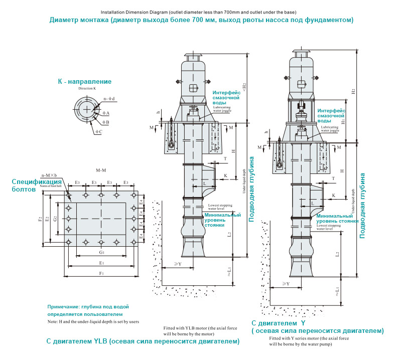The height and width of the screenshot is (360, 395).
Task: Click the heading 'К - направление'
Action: (85, 81)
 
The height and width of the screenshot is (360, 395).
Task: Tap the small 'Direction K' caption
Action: (87, 88)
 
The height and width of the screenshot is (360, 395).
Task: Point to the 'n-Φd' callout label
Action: (109, 99)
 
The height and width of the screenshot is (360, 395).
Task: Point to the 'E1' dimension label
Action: (101, 262)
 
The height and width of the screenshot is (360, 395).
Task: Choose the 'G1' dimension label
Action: (101, 252)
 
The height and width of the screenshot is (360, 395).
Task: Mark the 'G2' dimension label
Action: (55, 219)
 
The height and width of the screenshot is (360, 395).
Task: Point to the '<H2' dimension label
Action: (244, 86)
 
